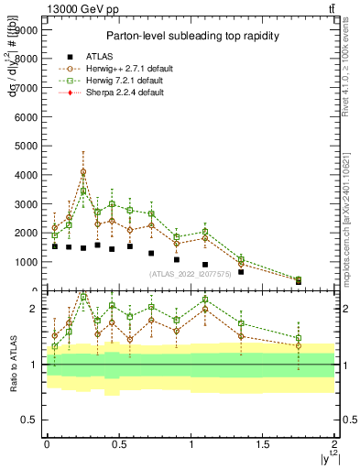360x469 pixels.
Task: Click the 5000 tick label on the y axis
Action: pos(26,146)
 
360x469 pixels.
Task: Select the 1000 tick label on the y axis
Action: pos(26,262)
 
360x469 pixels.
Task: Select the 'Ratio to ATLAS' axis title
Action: pos(11,364)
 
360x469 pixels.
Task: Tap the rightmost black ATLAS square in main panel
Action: pos(299,281)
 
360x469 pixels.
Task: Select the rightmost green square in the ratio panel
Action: pos(299,338)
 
